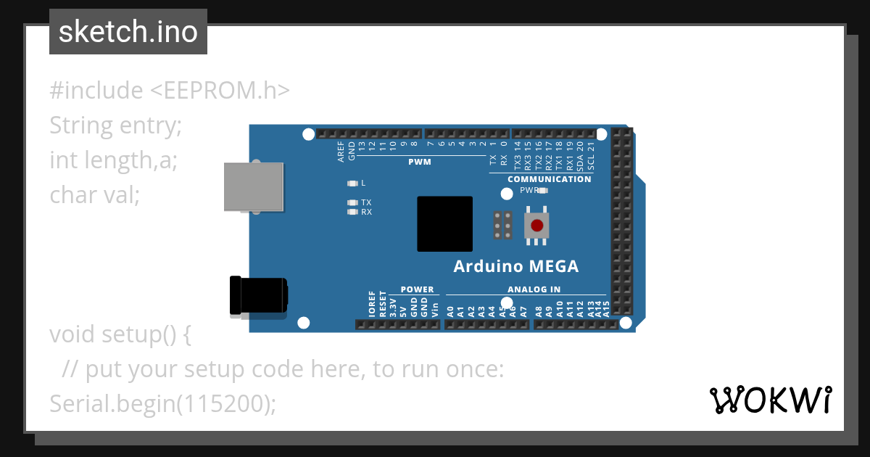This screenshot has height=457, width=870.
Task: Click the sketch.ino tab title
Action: click(x=128, y=32)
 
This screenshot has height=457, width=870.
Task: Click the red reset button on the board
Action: click(x=536, y=226)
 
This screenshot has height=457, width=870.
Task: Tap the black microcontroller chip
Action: click(x=444, y=224)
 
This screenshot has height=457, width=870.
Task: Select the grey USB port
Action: click(x=254, y=187)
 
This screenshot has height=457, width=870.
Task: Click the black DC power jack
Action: click(x=257, y=296)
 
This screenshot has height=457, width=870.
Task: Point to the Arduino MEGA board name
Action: click(x=516, y=267)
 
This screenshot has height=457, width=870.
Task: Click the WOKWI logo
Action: click(x=770, y=400)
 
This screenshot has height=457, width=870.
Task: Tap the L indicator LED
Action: click(x=353, y=183)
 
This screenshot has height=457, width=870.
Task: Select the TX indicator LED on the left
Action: click(x=353, y=202)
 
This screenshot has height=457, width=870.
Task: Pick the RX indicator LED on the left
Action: click(x=353, y=213)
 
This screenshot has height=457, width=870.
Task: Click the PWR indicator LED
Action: click(x=542, y=191)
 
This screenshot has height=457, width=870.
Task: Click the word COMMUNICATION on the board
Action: click(x=549, y=179)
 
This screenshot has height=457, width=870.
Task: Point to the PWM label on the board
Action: click(x=420, y=162)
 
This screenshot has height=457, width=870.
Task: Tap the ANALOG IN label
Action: click(x=534, y=289)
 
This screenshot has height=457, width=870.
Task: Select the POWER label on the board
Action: click(x=417, y=289)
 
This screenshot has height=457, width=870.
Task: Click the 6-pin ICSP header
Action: click(x=502, y=226)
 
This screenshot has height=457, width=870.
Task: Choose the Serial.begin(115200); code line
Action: click(x=163, y=404)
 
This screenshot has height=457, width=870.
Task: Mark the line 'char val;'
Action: click(x=94, y=194)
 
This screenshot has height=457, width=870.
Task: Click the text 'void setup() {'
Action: click(x=120, y=335)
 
